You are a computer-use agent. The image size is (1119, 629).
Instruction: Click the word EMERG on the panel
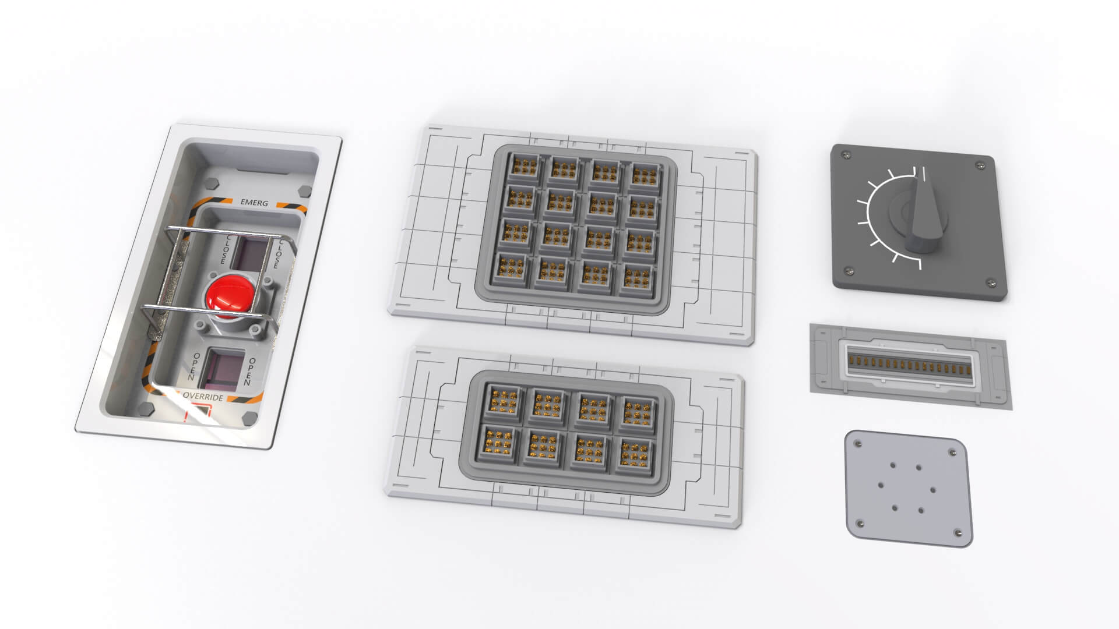[254, 203]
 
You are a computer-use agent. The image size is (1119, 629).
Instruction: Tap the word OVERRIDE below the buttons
[203, 397]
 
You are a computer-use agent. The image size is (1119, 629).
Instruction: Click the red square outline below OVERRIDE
[197, 415]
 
